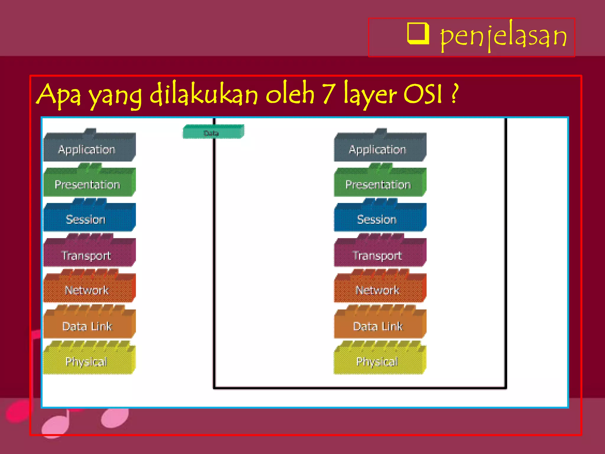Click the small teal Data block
point(213,132)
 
